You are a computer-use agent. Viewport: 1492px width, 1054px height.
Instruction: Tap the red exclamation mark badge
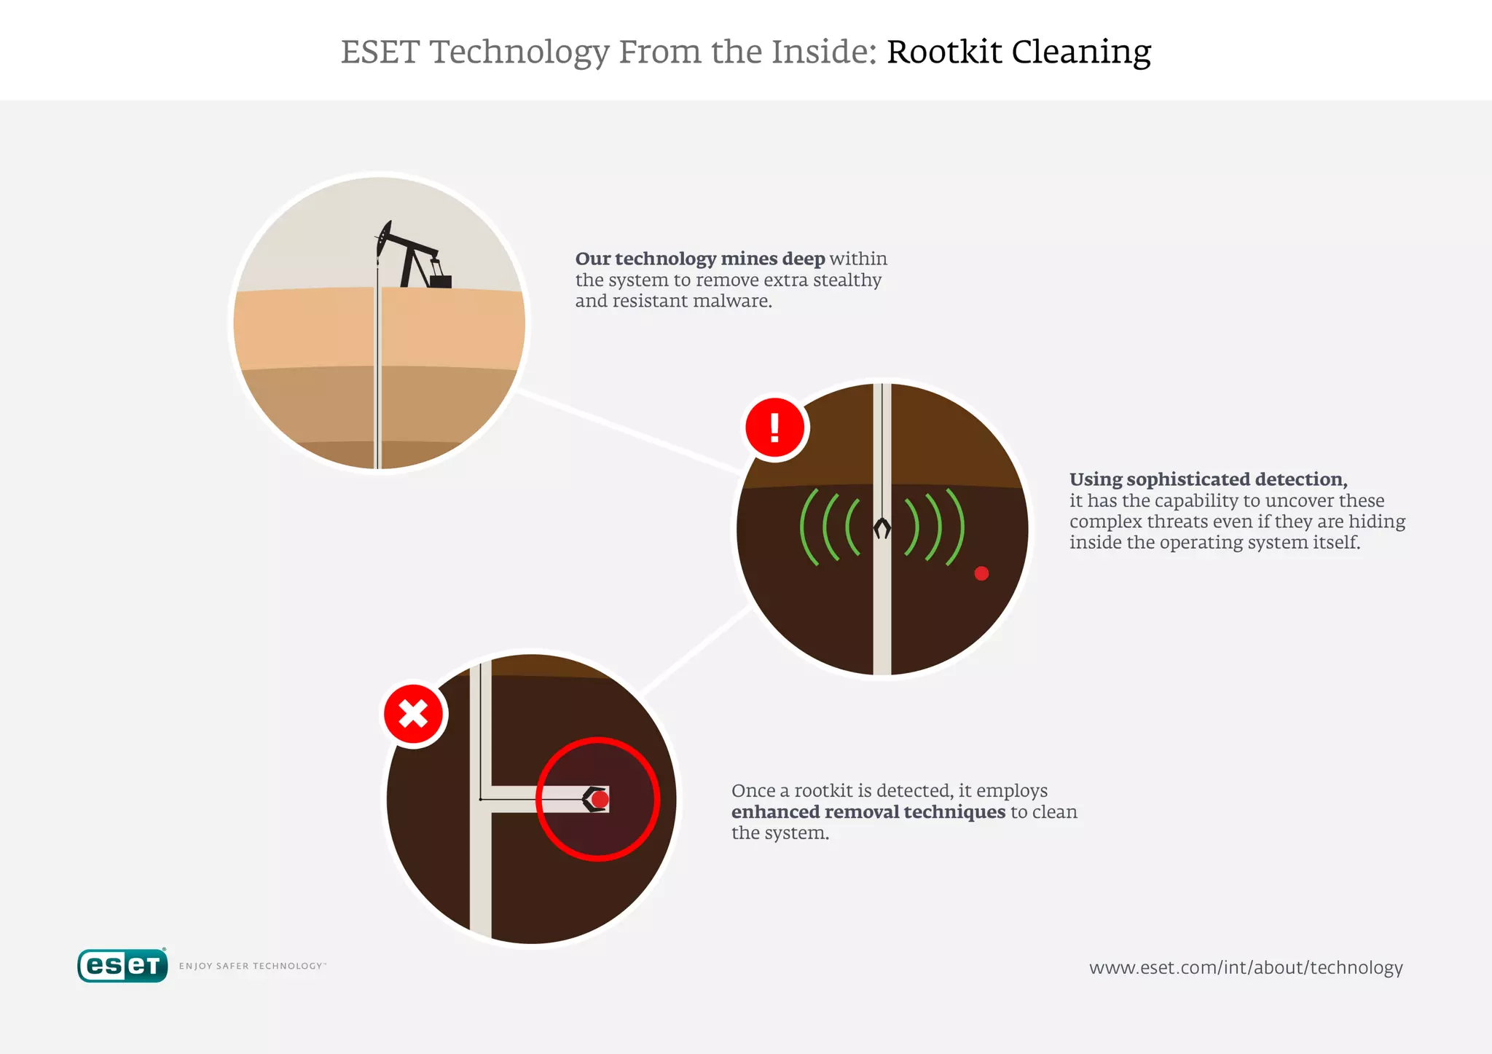point(775,428)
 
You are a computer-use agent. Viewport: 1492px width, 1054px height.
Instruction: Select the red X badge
point(414,715)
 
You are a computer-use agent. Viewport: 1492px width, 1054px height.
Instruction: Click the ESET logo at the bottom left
point(122,966)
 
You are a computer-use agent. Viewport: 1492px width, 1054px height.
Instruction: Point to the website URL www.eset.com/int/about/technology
point(1246,967)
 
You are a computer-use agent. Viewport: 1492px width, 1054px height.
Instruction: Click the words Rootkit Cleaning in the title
point(1018,52)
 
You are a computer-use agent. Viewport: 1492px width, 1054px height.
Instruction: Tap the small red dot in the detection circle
point(981,573)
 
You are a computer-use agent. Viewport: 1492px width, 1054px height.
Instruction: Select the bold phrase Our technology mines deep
point(699,259)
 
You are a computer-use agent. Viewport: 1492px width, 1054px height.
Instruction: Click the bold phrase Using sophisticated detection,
point(1208,479)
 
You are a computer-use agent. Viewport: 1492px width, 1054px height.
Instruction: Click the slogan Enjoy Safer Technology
point(252,966)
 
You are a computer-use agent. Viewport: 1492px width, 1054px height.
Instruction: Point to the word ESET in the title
point(380,52)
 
